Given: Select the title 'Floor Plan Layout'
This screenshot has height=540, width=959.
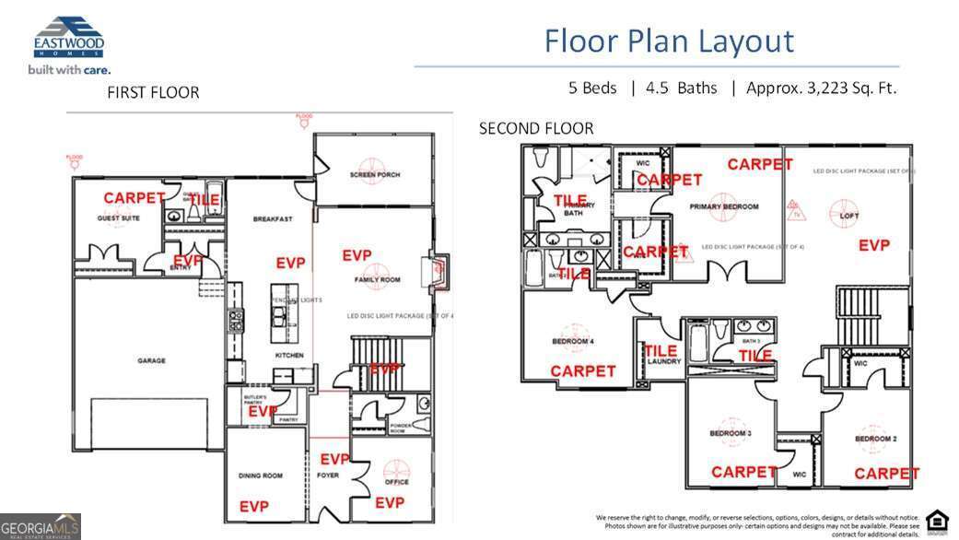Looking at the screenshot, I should coord(668,41).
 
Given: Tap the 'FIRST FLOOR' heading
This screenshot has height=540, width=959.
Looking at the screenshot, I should coord(153,92).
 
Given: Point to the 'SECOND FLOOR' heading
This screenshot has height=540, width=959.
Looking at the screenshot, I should coord(536,129).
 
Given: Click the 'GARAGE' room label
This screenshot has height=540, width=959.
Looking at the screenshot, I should coord(151,361).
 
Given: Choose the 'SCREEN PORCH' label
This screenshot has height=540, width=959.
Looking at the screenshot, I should coord(374,175).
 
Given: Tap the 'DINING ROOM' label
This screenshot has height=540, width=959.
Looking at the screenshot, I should coord(261,476).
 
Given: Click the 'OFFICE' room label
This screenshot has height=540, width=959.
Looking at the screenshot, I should coord(397,482).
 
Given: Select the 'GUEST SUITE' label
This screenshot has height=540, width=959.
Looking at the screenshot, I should coord(118,218).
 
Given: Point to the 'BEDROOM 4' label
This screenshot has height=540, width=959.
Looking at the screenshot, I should coord(572,342).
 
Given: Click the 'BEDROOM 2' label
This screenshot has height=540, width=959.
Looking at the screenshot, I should coord(875,439).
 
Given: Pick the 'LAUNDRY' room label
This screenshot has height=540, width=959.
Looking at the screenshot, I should coord(663,362).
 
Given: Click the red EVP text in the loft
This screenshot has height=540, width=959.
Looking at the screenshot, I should coord(873,245).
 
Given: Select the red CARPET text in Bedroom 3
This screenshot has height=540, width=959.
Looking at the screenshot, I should coord(744,472).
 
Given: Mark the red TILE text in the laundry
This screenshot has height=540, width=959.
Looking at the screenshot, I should coord(661,350).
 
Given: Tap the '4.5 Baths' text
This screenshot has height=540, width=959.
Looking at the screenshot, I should coord(682,88).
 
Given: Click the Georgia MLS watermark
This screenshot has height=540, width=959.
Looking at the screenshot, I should coord(41,526).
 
